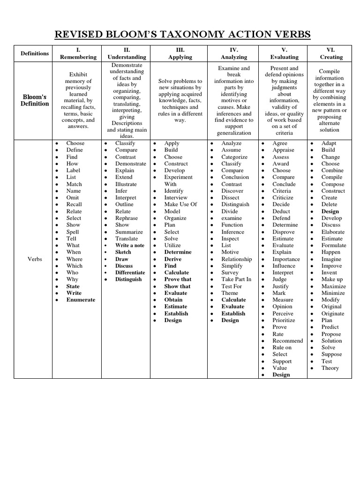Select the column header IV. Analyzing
[233, 53]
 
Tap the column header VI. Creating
[331, 53]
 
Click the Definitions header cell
[35, 53]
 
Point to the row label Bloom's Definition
[35, 100]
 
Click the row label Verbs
[35, 259]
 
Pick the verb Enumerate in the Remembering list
[81, 300]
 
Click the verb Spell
[73, 232]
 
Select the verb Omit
[73, 198]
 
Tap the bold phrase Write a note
[130, 246]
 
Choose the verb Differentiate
[130, 273]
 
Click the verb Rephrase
[127, 218]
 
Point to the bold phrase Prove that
[178, 279]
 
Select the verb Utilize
[172, 246]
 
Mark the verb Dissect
[230, 198]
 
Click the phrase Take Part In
[236, 279]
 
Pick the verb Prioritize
[284, 321]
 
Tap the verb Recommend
[288, 341]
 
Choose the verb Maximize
[334, 286]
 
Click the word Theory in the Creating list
[330, 368]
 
